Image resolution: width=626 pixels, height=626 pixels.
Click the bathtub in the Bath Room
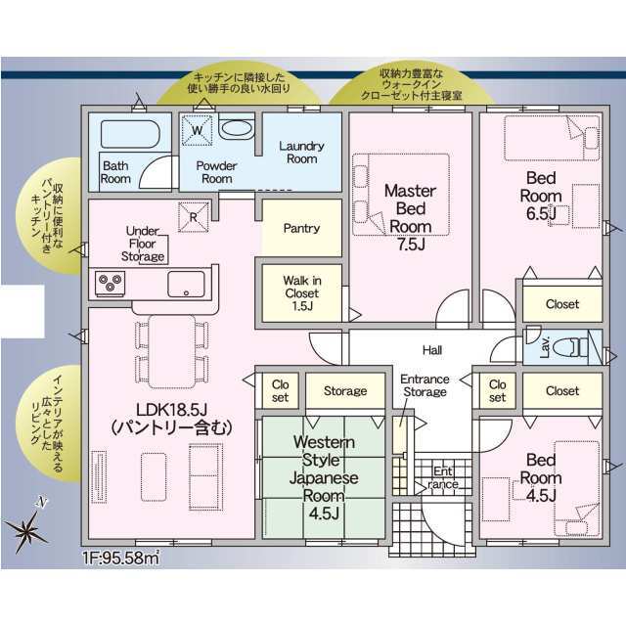pos(130,134)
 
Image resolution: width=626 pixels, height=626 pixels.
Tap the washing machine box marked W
pos(197,130)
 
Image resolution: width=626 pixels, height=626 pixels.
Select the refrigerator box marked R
pos(194,217)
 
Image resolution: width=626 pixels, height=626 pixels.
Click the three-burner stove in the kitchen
pos(111,283)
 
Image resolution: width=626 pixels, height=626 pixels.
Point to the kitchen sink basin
pos(186,285)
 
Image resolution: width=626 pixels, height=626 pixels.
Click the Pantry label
pos(302,228)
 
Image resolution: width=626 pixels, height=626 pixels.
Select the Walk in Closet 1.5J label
pos(302,293)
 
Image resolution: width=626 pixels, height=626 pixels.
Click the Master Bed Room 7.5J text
pos(411,217)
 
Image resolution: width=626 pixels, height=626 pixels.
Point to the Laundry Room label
pos(302,153)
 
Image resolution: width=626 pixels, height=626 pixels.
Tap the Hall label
pos(432,350)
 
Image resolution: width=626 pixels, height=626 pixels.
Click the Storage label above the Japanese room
pos(345,391)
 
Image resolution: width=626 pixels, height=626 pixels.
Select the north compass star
pos(27,529)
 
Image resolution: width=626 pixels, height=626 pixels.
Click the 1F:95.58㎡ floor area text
pos(121,558)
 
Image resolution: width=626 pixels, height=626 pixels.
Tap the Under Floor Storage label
pos(143,244)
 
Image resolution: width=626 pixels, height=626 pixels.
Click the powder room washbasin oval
pos(237,128)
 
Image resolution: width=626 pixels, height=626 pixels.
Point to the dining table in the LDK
pos(172,351)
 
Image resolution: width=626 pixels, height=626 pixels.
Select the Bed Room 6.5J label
pos(541,196)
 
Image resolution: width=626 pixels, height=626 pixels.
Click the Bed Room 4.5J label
pos(541,478)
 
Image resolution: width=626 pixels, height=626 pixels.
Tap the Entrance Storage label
pos(425,385)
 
